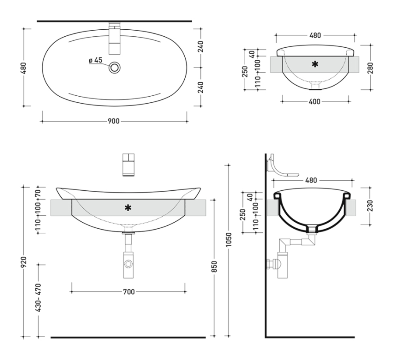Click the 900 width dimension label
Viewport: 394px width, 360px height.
point(113,121)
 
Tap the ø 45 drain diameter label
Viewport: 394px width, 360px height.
point(96,60)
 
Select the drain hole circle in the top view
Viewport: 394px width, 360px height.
point(115,67)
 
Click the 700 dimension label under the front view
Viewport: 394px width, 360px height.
point(129,292)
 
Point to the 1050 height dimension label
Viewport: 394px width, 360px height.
point(229,240)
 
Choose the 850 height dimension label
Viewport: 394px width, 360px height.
point(214,267)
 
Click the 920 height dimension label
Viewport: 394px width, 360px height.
point(23,262)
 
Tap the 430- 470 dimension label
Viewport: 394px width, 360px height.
point(38,298)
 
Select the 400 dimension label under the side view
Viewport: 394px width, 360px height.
point(315,101)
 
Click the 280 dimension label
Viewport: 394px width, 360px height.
point(370,68)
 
